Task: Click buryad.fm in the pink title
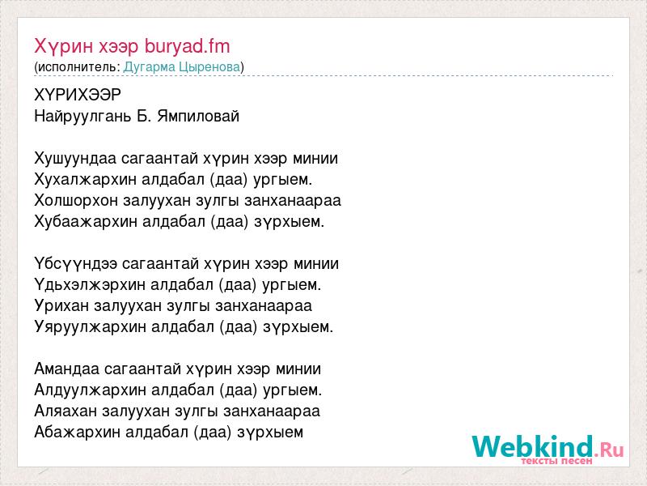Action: coord(187,46)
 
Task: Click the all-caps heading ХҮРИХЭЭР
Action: coord(78,96)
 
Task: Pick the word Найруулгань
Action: coord(82,117)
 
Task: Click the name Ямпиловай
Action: coord(197,117)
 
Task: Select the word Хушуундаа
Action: coord(75,159)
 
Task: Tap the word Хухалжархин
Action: coord(86,180)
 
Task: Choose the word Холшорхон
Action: coord(76,201)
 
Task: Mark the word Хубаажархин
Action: coord(86,222)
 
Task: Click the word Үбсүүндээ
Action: coord(76,264)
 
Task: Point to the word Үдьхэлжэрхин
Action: coord(90,285)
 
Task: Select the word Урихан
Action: coord(61,306)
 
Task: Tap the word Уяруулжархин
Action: coord(90,327)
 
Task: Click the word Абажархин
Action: coord(78,433)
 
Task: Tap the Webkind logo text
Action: coord(532,446)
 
